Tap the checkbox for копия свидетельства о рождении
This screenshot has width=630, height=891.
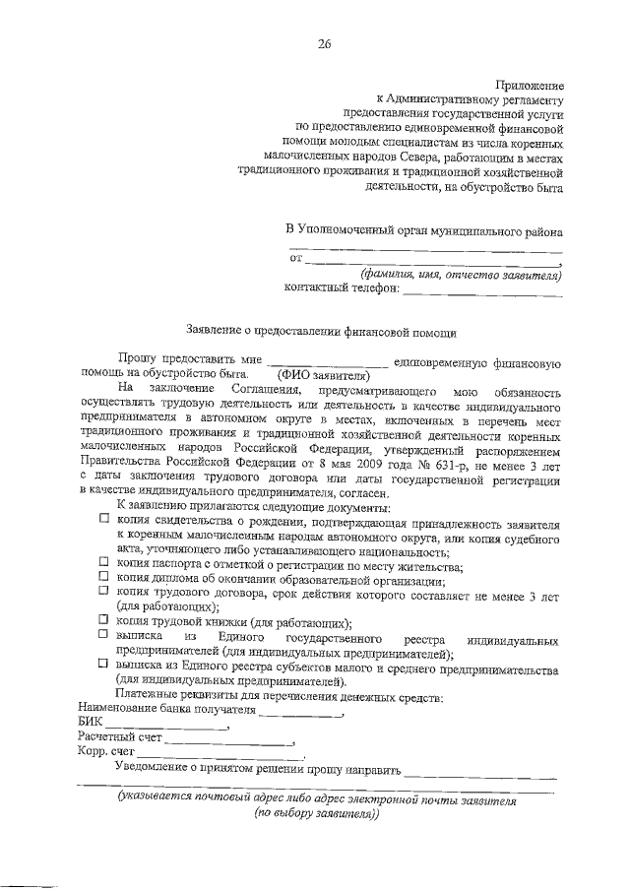pos(104,517)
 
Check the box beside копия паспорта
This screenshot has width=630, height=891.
pos(104,563)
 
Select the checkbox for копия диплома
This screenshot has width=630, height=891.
pos(104,577)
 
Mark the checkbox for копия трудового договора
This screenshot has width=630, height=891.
pos(104,592)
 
